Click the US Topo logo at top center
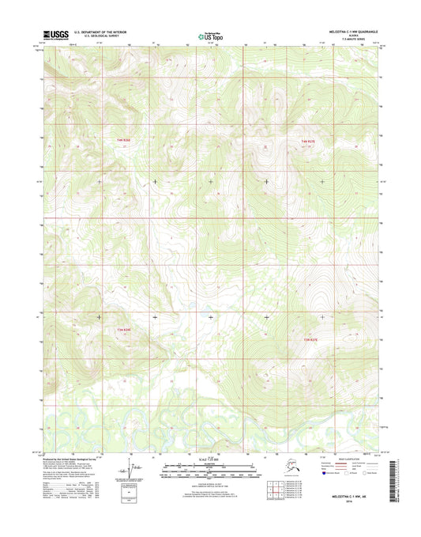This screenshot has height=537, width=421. tap(210, 35)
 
